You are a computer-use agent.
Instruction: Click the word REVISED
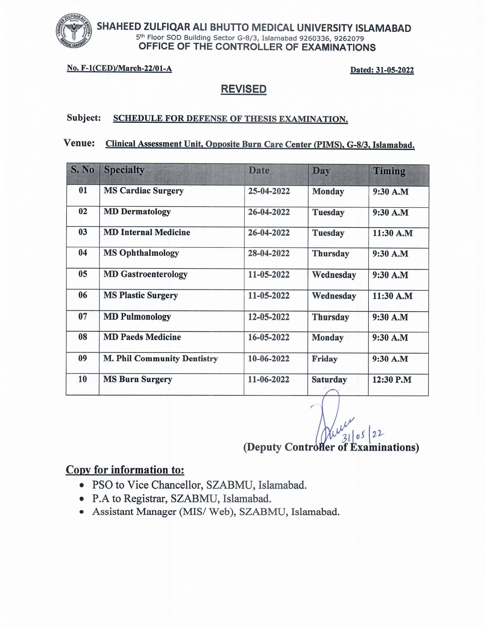(x=243, y=89)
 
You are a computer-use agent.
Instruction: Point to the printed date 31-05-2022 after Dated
(x=395, y=70)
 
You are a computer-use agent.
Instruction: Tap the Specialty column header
(x=124, y=170)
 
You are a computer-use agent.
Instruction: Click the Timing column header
(x=389, y=171)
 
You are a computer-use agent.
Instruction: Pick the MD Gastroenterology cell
(x=146, y=274)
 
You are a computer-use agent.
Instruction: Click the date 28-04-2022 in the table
(x=269, y=253)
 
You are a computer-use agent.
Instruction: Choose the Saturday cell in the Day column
(x=329, y=380)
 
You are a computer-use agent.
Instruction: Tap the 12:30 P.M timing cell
(x=392, y=380)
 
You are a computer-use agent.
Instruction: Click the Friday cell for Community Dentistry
(x=324, y=359)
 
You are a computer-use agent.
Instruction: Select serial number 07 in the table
(x=83, y=317)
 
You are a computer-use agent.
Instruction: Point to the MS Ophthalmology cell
(x=141, y=253)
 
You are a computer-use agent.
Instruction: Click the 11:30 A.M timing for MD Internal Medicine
(x=393, y=233)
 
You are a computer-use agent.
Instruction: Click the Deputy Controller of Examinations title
(x=331, y=447)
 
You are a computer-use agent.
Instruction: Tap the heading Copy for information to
(x=125, y=470)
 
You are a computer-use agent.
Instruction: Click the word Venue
(x=79, y=143)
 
